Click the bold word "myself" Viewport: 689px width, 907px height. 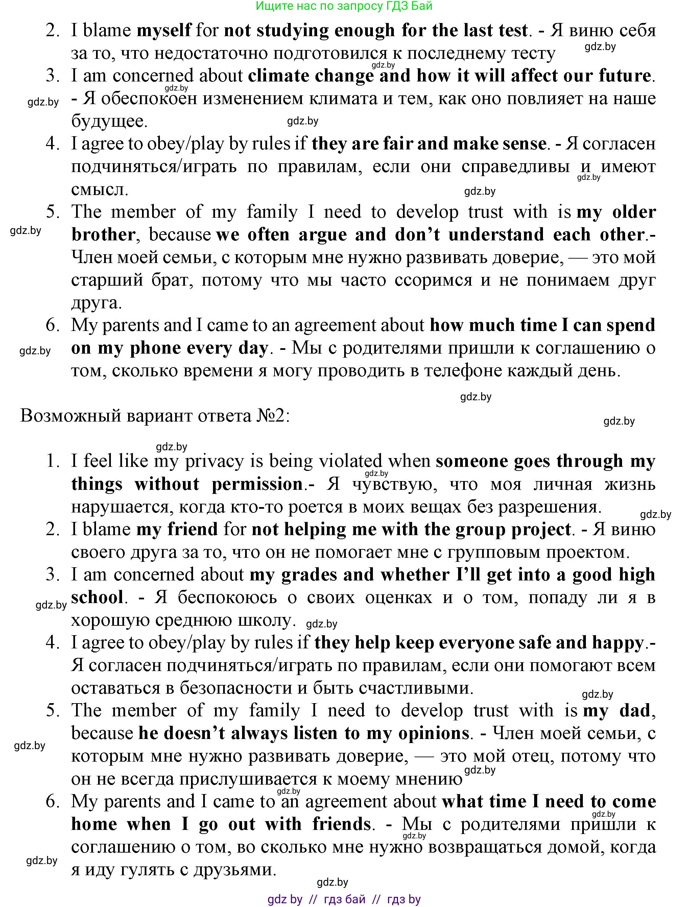coord(164,31)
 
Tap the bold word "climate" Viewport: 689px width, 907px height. coord(278,76)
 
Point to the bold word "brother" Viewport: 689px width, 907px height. coord(103,235)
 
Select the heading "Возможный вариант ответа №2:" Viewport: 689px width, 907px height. coord(155,416)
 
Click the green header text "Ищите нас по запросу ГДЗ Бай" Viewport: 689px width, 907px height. coord(344,6)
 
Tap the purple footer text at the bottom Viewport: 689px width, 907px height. coord(344,899)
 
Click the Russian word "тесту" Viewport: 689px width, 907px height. coord(533,53)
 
